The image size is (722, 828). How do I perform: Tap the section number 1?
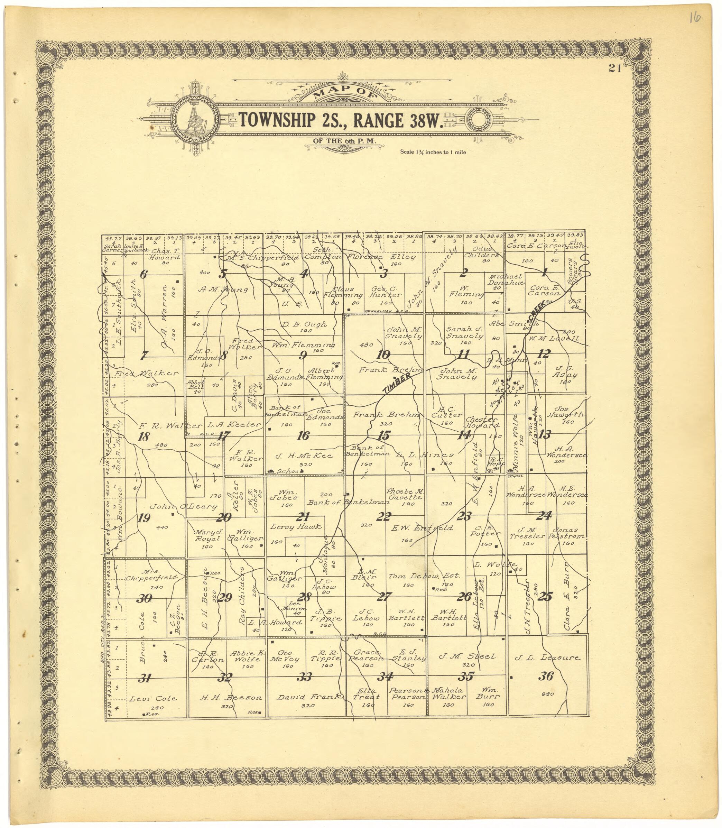pos(544,273)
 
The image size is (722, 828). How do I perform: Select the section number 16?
pos(303,435)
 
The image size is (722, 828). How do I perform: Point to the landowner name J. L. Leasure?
pos(547,657)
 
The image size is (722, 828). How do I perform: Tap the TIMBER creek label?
pos(397,383)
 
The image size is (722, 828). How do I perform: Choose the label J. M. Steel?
pos(468,656)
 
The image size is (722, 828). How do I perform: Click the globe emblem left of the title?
pos(196,120)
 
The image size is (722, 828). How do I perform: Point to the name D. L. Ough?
pos(304,324)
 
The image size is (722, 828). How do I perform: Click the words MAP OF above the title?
pos(344,97)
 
